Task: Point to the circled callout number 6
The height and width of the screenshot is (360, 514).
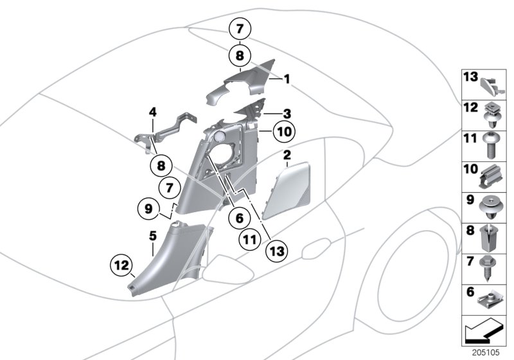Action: coord(239,218)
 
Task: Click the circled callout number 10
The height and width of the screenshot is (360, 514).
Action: coord(283,132)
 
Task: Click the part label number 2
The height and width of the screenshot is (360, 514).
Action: coord(287,154)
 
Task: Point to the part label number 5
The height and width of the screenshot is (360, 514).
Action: coord(152,236)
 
